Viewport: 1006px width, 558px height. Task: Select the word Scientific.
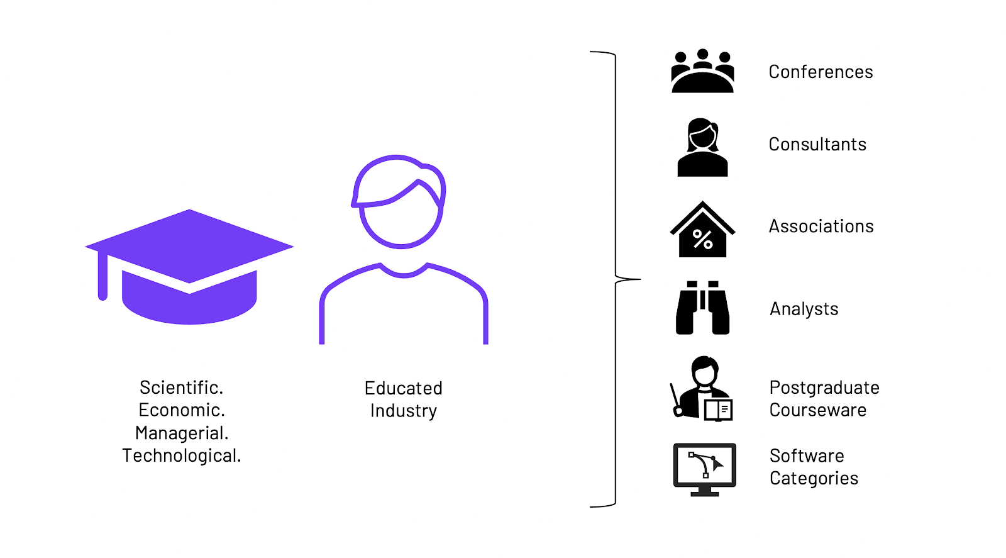181,387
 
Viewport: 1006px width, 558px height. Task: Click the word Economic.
181,410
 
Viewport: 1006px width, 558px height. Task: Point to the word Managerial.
181,433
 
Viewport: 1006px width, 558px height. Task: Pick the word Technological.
181,455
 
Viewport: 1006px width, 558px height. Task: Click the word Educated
403,388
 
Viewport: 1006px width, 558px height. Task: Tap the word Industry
403,411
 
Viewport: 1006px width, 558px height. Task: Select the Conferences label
821,72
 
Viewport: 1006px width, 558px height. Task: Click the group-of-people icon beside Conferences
702,72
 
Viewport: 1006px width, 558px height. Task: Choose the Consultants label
817,144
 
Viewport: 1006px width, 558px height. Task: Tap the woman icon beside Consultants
702,147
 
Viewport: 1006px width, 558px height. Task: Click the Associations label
821,226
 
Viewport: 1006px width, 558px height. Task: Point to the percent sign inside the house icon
702,239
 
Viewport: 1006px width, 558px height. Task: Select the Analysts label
804,309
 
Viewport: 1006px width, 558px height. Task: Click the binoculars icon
702,308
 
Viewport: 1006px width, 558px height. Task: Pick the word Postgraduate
824,388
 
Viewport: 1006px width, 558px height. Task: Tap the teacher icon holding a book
702,388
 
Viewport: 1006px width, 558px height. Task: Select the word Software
807,455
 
